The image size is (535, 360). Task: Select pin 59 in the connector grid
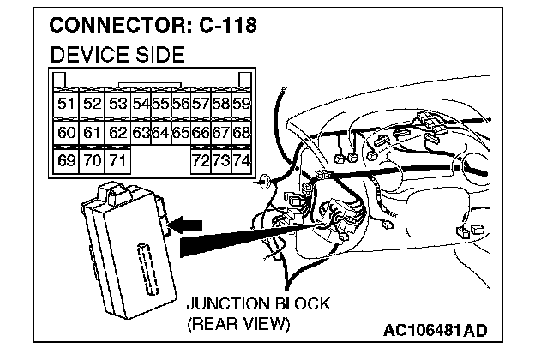coord(241,104)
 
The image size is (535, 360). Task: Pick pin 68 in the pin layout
coord(241,132)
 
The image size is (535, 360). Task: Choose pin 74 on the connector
coord(241,159)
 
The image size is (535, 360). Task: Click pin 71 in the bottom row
coord(117,159)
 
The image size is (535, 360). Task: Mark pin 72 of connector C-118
coord(201,159)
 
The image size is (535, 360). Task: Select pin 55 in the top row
coord(160,104)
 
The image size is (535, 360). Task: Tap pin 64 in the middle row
coord(160,132)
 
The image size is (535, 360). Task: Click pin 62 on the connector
coord(117,132)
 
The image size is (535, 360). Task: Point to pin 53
coord(117,104)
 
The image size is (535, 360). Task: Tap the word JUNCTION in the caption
coord(225,304)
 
